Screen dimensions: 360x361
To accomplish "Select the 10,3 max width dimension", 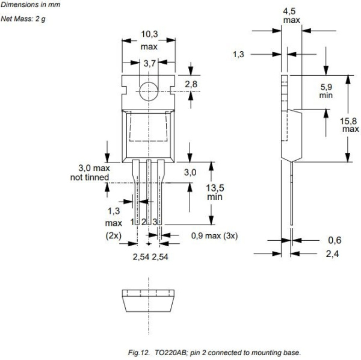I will [x=149, y=41].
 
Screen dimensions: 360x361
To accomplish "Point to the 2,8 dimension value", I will [x=191, y=84].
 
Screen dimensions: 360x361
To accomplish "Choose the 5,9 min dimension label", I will [x=326, y=90].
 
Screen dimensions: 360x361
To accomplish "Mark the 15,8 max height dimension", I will [x=351, y=125].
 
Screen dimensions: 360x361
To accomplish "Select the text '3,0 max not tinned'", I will [x=88, y=172].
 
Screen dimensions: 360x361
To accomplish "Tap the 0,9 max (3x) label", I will [x=214, y=235].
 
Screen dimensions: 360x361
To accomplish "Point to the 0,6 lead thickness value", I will [x=335, y=240].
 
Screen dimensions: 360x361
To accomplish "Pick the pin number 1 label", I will [x=133, y=223].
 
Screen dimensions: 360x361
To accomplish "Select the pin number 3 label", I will [x=155, y=223].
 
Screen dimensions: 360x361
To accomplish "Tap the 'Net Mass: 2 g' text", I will [x=22, y=19].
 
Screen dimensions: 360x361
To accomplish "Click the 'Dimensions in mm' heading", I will [x=27, y=5].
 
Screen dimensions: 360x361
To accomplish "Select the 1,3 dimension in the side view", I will [x=238, y=54].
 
